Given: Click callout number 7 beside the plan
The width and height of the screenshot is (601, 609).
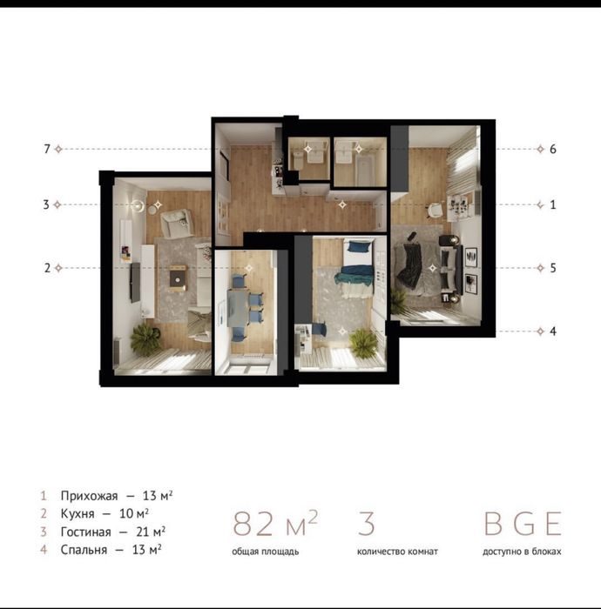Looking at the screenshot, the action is click(x=47, y=149).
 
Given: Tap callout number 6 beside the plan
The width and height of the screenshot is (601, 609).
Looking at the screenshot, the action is click(x=553, y=149).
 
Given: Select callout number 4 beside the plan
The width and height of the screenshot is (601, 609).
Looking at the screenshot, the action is click(x=553, y=331).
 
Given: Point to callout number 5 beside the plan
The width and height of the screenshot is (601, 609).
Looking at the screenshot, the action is click(x=553, y=268).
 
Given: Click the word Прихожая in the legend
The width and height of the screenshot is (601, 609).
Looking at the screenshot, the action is click(x=89, y=496).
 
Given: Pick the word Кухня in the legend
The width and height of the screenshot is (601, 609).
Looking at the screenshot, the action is click(x=78, y=514).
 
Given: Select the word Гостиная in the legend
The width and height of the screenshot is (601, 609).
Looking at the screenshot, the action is click(x=85, y=532).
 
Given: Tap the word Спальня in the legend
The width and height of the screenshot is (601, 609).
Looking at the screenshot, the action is click(x=84, y=550).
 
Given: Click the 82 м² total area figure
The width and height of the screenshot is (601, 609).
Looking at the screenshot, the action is click(x=275, y=524).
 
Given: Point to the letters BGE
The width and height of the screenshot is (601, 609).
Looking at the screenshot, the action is click(x=523, y=524).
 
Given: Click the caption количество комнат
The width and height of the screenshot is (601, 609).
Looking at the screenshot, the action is click(x=397, y=552).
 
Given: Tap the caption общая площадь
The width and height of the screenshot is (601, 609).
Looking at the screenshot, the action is click(x=266, y=552).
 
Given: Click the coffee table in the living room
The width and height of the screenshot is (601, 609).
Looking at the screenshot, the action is click(x=179, y=278).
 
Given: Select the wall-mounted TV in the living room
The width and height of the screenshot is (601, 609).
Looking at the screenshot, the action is click(x=135, y=282).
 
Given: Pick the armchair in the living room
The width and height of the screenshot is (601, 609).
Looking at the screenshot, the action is click(x=177, y=224).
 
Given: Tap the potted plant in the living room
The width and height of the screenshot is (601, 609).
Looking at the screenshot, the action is click(x=145, y=339).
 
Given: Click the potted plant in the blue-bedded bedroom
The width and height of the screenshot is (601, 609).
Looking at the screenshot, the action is click(x=363, y=344).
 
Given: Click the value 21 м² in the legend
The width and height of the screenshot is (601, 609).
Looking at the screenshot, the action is click(x=151, y=532).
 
